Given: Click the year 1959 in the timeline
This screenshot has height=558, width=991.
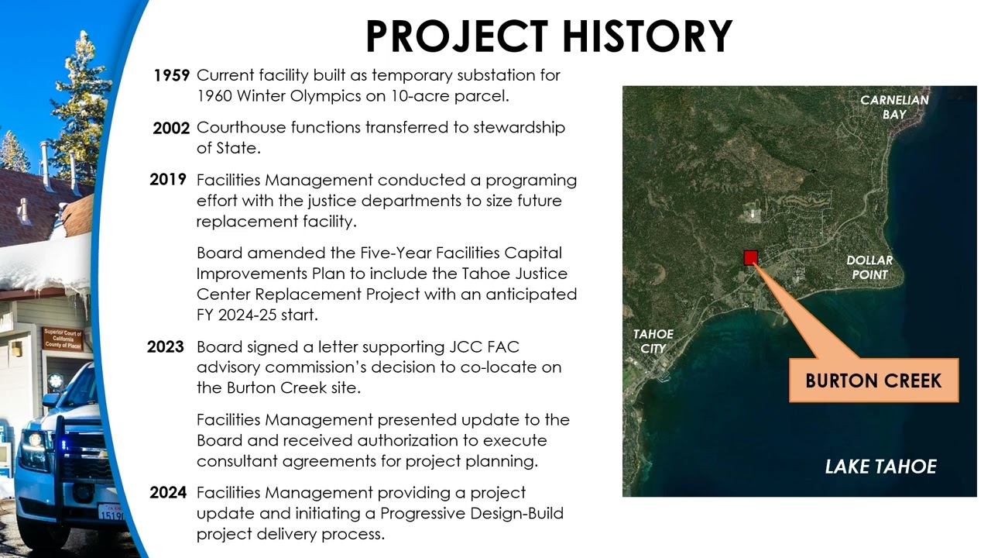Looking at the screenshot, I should (x=171, y=76).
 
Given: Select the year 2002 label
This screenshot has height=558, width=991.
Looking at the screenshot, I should (x=171, y=128).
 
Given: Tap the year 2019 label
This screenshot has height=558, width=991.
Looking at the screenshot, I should (x=168, y=180).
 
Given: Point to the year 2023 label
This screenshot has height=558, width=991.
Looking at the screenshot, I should (x=166, y=347).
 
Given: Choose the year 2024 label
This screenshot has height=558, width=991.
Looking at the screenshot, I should (x=168, y=493).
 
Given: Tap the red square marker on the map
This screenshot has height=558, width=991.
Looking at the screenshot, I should (x=750, y=258).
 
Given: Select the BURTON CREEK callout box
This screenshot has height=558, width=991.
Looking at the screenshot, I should (x=873, y=381).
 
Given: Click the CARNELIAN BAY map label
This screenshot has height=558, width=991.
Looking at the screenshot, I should (x=894, y=107).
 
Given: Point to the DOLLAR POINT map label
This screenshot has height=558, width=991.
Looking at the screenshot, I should (x=869, y=267).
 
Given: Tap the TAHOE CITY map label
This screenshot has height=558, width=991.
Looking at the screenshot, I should (x=653, y=341).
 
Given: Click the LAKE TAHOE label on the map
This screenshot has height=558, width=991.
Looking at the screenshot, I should (x=880, y=467).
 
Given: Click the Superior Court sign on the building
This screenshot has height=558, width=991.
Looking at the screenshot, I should (x=63, y=339).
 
